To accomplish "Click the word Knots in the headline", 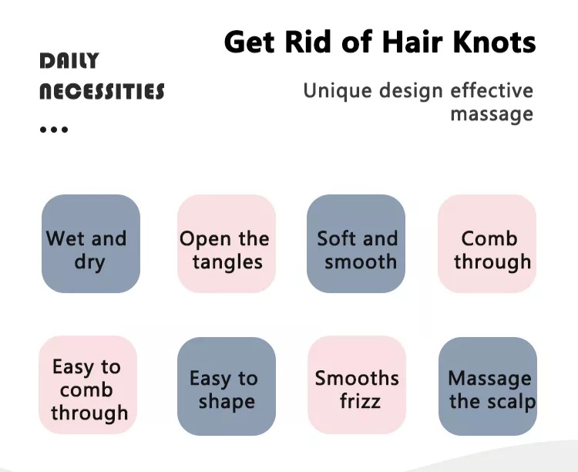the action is click(494, 42).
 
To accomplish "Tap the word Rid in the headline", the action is click(307, 42).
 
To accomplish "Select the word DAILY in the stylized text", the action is click(69, 60).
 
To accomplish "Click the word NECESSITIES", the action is click(102, 92).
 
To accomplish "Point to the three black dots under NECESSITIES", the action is click(54, 130).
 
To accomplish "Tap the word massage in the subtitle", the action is click(492, 114).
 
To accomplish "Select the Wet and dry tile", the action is click(91, 244).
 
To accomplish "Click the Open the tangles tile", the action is click(227, 244).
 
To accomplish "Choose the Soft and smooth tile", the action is click(356, 244).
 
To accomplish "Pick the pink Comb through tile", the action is click(487, 244).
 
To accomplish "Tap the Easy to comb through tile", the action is click(88, 385).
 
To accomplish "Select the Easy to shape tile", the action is click(227, 386).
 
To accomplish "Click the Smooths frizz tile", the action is click(357, 385).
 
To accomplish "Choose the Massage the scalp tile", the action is click(488, 386).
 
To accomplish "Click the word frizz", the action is click(360, 401).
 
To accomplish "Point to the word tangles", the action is click(227, 263).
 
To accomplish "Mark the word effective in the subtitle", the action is click(492, 91).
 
